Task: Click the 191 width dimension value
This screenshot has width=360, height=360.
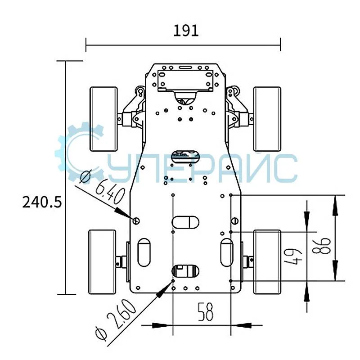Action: (x=185, y=31)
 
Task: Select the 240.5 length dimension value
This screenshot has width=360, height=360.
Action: (x=42, y=202)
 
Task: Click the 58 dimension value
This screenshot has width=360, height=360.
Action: (x=205, y=312)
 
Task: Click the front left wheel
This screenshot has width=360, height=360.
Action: (x=104, y=119)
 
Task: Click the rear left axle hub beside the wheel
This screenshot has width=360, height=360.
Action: (x=121, y=262)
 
